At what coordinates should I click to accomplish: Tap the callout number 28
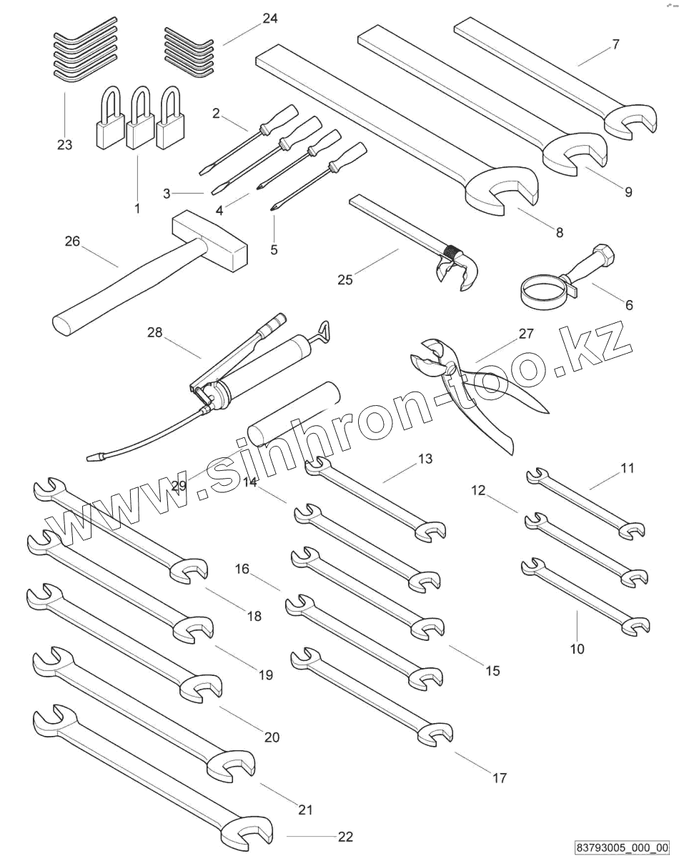(155, 332)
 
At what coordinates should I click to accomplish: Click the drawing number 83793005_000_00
(621, 848)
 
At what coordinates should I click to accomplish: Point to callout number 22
(345, 837)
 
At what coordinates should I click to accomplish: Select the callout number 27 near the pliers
(526, 333)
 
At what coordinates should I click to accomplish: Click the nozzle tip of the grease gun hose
(93, 455)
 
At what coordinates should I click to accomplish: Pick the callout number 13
(425, 459)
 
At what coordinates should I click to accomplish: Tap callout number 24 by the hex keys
(270, 19)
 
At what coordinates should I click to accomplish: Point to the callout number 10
(577, 649)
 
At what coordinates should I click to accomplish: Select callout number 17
(500, 777)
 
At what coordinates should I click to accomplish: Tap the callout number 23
(64, 145)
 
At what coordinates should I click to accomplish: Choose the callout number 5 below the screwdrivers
(274, 249)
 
